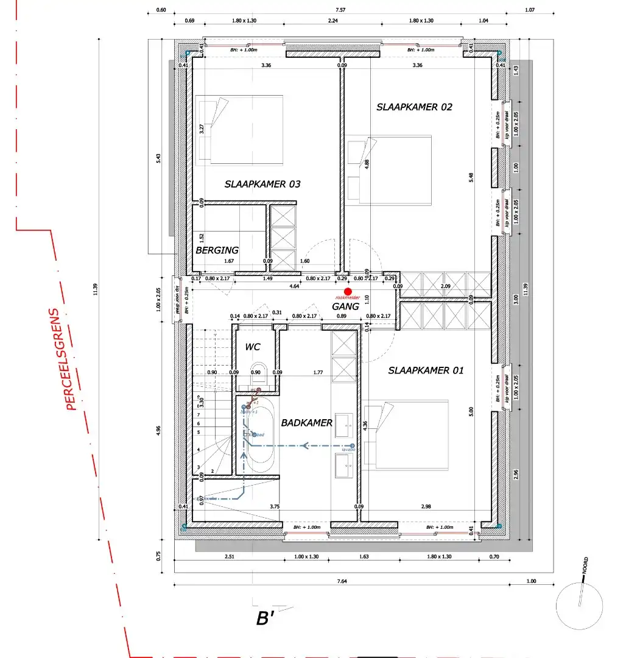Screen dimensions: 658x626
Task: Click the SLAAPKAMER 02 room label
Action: point(414,107)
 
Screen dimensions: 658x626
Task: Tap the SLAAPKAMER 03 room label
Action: point(262,184)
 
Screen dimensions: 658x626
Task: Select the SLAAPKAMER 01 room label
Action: point(426,370)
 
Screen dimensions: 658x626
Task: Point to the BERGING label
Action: point(217,250)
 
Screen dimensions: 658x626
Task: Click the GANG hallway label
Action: point(345,306)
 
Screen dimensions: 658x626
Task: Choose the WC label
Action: point(253,347)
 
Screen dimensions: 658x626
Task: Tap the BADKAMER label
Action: point(306,423)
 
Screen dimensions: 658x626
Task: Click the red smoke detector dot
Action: point(348,292)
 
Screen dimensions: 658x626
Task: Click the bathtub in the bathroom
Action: point(261,439)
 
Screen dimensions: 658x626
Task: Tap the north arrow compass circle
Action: point(580,605)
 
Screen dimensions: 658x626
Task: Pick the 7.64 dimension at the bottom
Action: point(342,581)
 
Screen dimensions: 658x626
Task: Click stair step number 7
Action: point(199,414)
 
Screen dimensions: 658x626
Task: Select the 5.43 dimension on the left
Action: point(158,157)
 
